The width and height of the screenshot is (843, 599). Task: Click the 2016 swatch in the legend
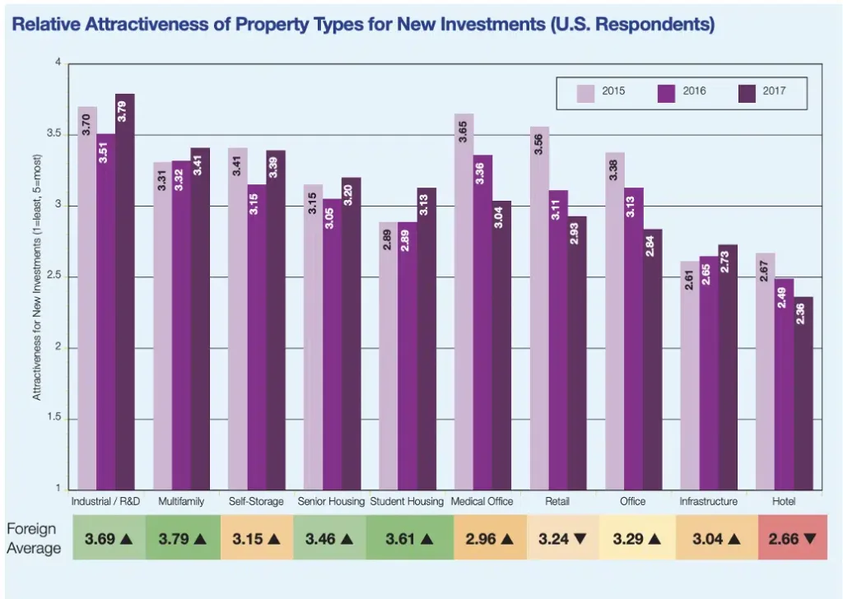[x=668, y=92]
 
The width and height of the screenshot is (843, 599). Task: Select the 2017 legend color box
[x=748, y=92]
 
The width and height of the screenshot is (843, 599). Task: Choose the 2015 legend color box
[x=587, y=92]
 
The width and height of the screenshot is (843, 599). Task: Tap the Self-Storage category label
[x=257, y=501]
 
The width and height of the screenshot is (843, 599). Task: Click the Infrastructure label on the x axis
[x=708, y=501]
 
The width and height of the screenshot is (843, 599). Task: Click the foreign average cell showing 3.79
[x=182, y=539]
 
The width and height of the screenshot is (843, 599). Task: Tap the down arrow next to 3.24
[x=580, y=539]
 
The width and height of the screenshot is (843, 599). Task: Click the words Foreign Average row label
[x=34, y=539]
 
